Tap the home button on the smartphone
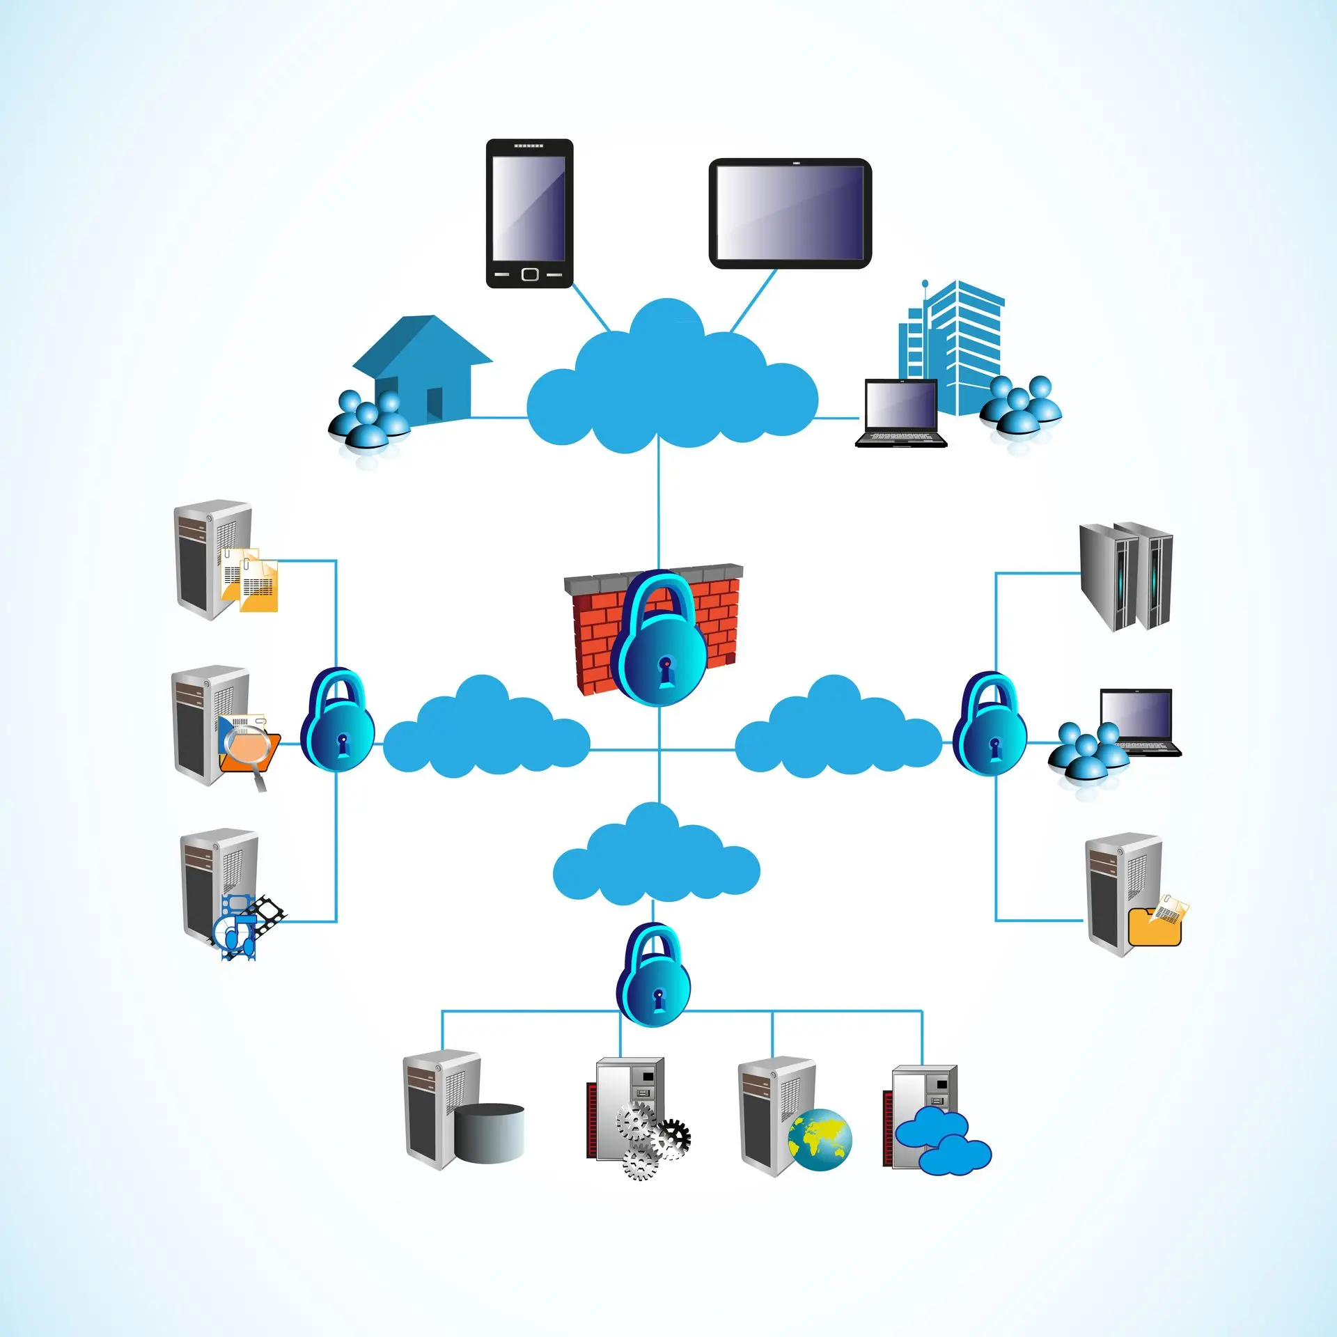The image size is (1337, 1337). (529, 274)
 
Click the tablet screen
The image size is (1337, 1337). (790, 212)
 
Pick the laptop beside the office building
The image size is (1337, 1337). (900, 412)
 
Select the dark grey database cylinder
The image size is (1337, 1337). (490, 1132)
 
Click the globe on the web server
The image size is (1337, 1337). (820, 1139)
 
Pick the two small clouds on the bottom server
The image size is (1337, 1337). (942, 1142)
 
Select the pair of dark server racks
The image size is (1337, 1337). (1126, 576)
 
